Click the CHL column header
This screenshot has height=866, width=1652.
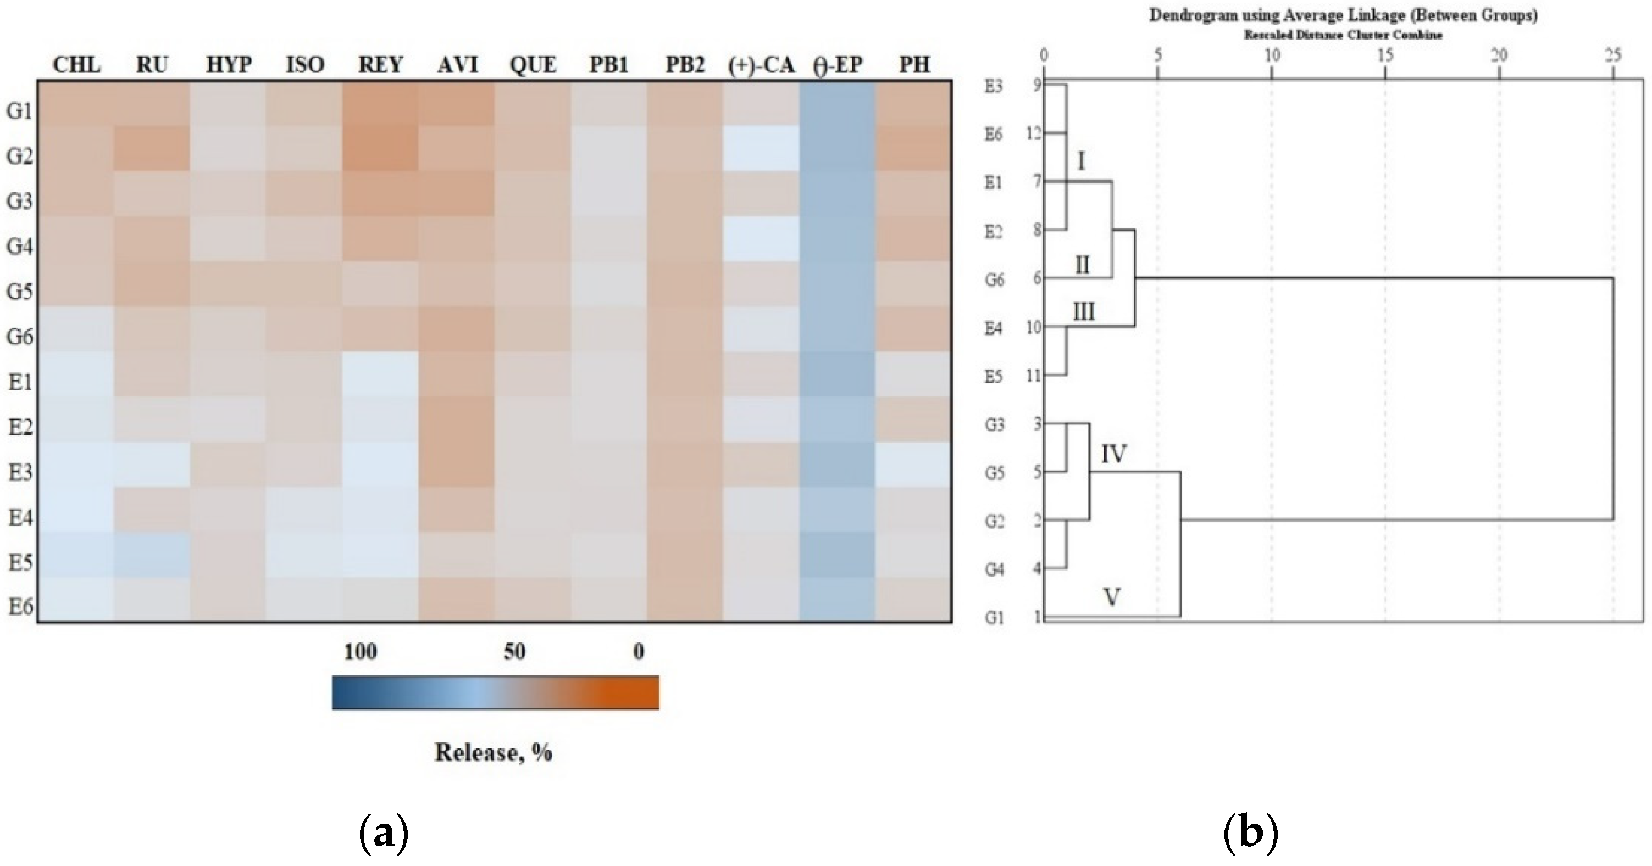click(76, 65)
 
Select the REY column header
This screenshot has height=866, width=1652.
click(380, 65)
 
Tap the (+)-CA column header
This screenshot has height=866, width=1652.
click(761, 65)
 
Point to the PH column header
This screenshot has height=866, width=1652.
click(914, 65)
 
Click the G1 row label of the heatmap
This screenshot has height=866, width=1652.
click(19, 111)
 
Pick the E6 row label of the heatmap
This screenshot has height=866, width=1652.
click(20, 606)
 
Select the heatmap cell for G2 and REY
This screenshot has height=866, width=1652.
click(380, 149)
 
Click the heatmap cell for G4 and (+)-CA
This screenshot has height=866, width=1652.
click(761, 239)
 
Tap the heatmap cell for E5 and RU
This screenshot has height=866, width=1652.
click(152, 555)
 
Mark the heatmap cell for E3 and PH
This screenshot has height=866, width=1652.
click(914, 465)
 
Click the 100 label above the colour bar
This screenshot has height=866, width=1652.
click(360, 652)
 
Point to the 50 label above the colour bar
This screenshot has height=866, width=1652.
click(514, 652)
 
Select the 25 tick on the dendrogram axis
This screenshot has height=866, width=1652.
click(1612, 56)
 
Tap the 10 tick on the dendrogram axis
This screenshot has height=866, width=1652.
click(1271, 56)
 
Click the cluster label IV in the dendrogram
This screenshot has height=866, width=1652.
click(1114, 454)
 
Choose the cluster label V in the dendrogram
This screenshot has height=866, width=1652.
click(1111, 597)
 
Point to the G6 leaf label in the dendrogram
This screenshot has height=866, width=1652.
click(994, 280)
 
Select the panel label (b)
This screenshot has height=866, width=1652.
click(1251, 833)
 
